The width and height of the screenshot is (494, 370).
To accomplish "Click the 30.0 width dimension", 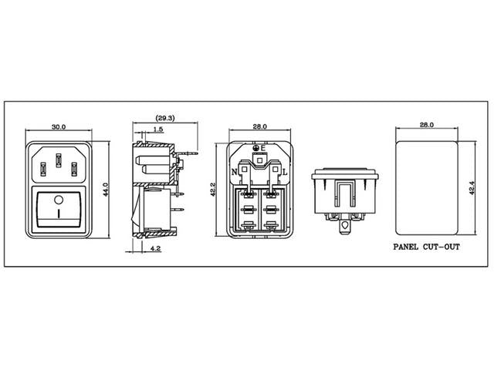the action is [x=59, y=126].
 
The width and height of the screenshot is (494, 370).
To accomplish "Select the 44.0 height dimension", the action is [x=106, y=190].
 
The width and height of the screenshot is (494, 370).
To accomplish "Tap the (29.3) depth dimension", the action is [x=165, y=118].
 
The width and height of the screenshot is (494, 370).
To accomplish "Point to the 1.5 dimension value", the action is [x=158, y=129].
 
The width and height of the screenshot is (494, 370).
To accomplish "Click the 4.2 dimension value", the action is [x=155, y=248].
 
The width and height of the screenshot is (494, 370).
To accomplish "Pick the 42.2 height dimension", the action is [x=213, y=190].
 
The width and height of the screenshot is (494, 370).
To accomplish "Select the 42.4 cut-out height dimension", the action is [x=472, y=188].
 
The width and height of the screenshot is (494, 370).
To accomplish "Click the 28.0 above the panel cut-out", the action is [x=427, y=125].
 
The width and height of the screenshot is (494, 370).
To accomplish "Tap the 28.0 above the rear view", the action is [x=260, y=126].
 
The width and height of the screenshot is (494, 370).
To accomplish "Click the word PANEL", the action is [x=406, y=247].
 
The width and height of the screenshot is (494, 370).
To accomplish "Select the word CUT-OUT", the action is [x=441, y=247].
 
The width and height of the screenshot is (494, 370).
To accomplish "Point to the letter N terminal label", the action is [x=234, y=172].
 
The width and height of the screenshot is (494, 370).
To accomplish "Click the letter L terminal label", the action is [x=285, y=172].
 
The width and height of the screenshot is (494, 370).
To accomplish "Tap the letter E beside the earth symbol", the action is [x=263, y=147].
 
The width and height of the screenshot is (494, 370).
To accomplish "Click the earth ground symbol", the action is [x=256, y=147].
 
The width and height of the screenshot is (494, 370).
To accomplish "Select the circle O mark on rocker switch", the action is [x=59, y=200].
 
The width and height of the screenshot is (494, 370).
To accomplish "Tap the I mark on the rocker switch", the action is [x=59, y=213].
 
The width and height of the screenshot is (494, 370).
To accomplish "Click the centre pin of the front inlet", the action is [x=59, y=160].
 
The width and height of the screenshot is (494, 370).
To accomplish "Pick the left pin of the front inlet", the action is [x=43, y=169].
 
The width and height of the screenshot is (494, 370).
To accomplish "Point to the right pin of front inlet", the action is [x=74, y=169].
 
